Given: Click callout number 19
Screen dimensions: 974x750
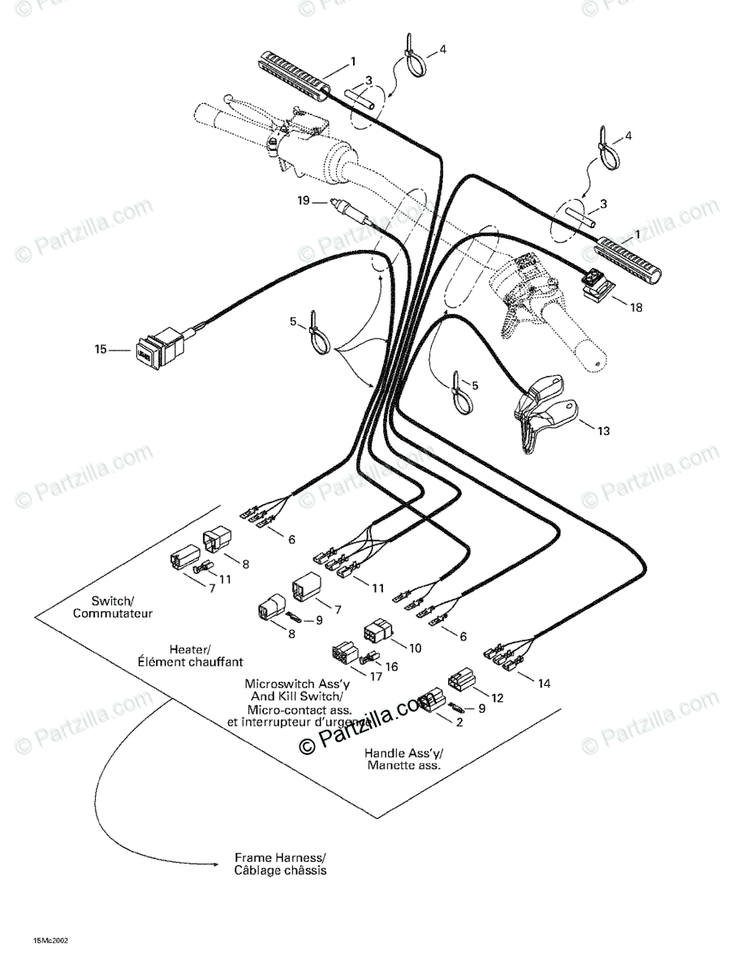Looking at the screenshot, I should coord(303,201).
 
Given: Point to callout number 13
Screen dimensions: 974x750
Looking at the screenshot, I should coord(603,431).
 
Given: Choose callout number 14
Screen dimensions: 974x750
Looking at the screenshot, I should coord(543,683).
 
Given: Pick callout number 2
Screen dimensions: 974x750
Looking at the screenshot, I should coord(459,722).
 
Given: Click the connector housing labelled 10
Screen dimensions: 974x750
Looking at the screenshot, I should coord(378,632).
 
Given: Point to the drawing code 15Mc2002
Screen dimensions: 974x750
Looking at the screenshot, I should coord(51,940).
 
